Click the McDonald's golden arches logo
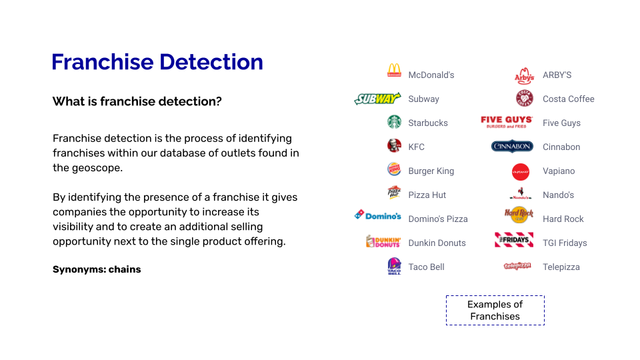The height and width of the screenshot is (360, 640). coord(394,70)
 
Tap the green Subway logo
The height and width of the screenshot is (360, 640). coord(377,99)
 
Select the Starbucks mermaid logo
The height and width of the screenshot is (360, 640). coord(394,122)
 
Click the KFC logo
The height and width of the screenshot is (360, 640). coord(394,146)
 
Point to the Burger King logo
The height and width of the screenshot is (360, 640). coord(394,169)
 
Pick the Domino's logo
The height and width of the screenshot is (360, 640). coord(377,215)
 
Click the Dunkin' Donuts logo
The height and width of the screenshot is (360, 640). coord(383,241)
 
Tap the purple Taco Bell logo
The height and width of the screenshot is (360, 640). coord(394,266)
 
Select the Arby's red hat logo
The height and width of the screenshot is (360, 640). coord(524,75)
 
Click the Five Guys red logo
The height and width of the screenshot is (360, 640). coord(507,122)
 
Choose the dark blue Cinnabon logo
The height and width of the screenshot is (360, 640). coord(512,147)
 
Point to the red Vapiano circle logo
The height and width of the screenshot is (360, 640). coord(521,172)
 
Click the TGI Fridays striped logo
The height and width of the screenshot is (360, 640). coord(514,240)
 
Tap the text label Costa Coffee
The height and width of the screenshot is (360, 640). coord(568,99)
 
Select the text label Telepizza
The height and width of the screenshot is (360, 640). coord(561,267)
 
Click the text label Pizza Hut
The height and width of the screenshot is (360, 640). coord(427,195)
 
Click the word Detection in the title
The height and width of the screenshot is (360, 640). coord(211,62)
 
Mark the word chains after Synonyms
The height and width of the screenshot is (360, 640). coord(125,269)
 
